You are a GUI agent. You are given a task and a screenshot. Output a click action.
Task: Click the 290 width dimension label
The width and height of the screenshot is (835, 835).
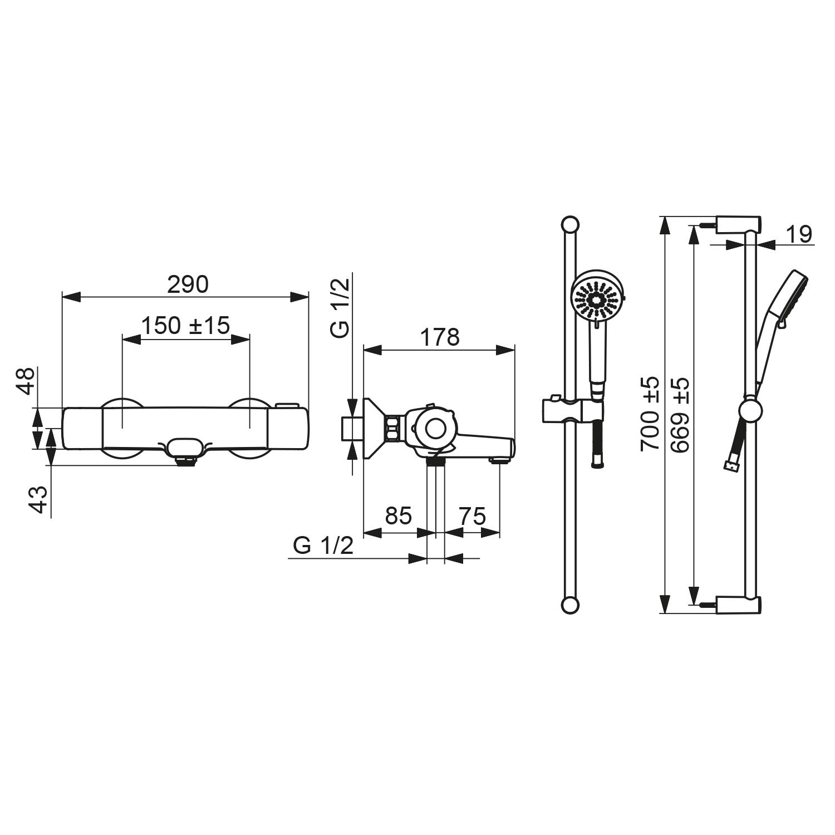click(x=188, y=284)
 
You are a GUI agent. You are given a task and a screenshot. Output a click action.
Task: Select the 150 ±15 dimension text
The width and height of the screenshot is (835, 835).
click(x=185, y=326)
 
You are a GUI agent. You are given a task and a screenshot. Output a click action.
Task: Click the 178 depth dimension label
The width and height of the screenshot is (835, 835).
click(x=440, y=337)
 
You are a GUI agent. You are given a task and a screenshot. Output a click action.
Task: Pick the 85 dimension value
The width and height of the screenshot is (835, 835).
click(x=399, y=516)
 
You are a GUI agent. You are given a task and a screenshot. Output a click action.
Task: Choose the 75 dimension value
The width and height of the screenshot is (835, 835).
click(x=472, y=516)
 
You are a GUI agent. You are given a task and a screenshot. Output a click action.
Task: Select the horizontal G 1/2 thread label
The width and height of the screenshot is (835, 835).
click(x=323, y=546)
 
